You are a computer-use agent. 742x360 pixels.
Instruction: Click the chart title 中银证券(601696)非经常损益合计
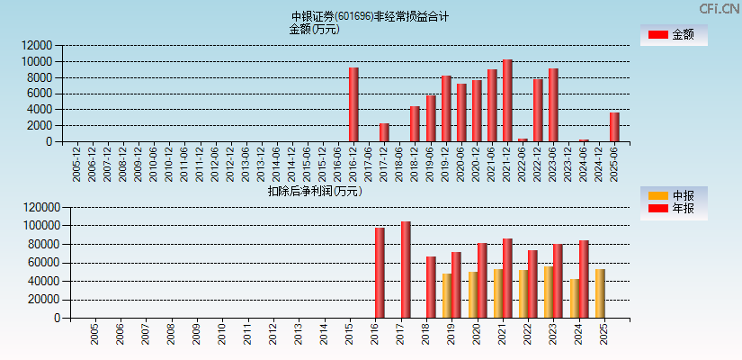click(370, 16)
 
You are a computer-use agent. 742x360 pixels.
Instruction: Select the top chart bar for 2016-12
click(353, 104)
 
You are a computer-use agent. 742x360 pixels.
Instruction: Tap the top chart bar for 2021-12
click(507, 101)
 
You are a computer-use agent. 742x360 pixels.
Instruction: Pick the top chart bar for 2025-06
click(614, 127)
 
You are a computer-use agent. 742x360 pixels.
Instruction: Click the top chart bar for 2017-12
click(384, 132)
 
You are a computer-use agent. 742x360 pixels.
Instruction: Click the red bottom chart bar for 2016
click(380, 273)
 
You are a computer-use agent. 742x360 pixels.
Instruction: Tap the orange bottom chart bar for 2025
click(600, 293)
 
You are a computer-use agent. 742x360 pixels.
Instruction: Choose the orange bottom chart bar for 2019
click(447, 295)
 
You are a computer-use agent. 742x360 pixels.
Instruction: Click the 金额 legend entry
click(673, 35)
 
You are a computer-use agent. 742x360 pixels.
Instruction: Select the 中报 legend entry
click(673, 195)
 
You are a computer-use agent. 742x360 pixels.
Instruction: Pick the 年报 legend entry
click(673, 209)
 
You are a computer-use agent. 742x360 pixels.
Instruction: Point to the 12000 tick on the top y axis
click(37, 45)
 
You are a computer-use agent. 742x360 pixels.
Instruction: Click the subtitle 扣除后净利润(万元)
click(315, 191)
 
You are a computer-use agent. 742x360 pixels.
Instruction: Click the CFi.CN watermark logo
click(719, 9)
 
